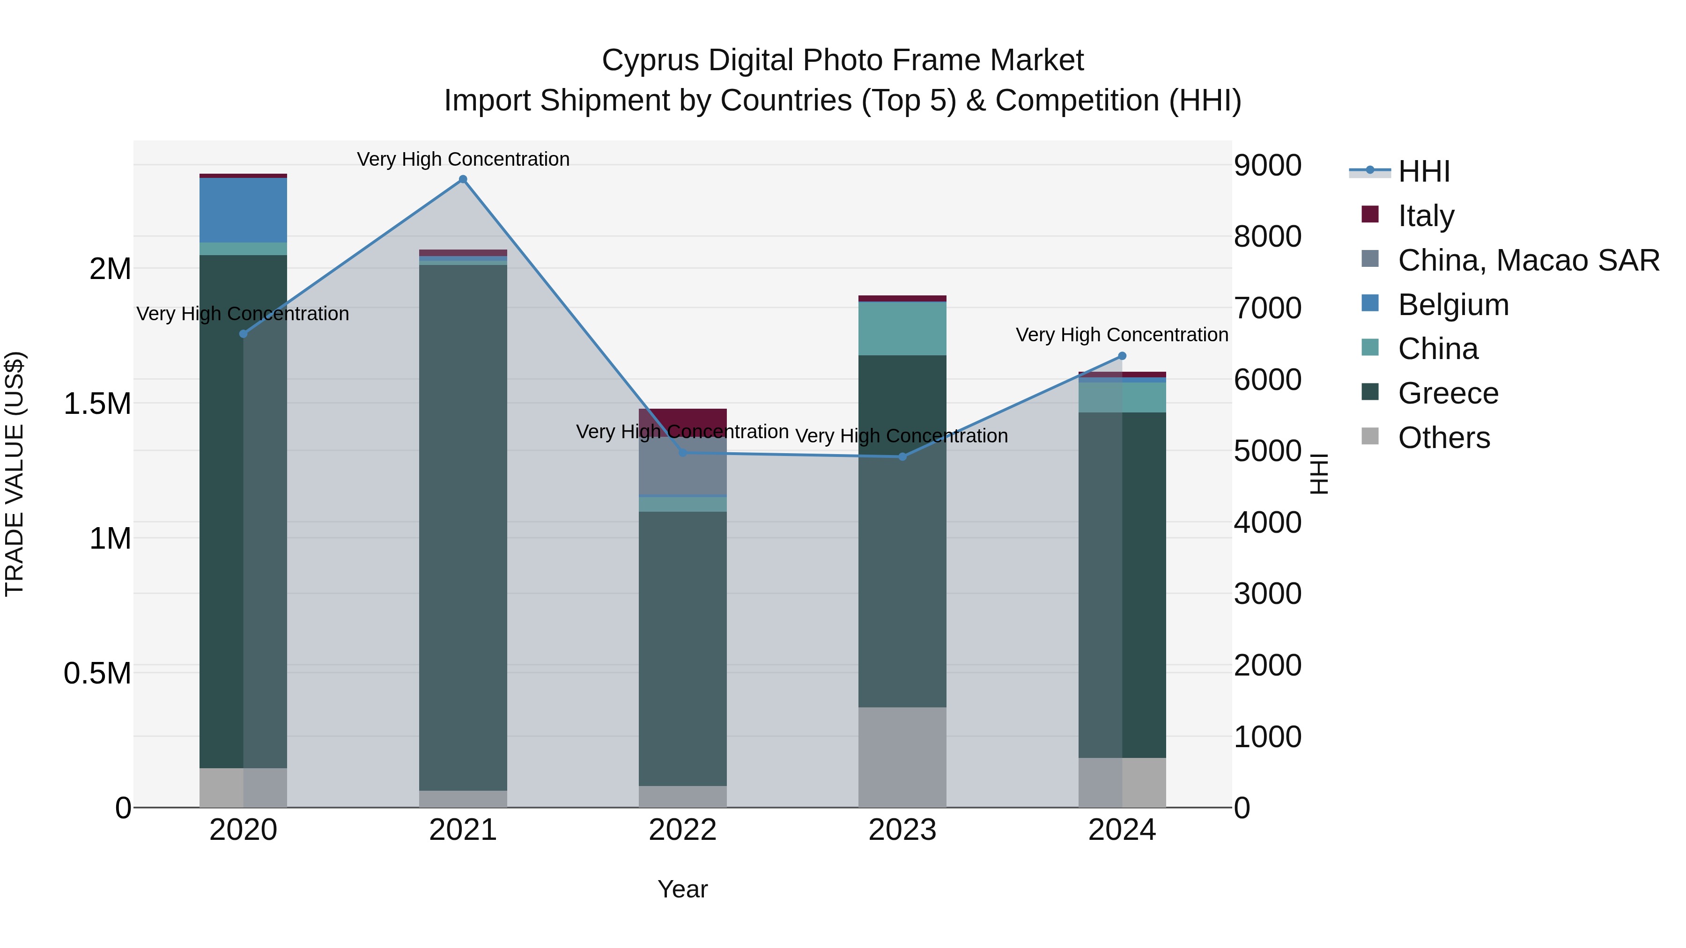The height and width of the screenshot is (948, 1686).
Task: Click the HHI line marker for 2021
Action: point(463,179)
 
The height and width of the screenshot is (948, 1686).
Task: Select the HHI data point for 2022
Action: point(683,453)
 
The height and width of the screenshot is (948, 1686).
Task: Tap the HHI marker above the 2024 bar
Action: point(1122,356)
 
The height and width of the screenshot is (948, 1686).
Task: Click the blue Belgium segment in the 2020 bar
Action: point(243,210)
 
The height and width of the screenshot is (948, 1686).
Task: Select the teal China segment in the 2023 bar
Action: point(902,329)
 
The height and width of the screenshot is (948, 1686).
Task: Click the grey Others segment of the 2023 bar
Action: point(902,757)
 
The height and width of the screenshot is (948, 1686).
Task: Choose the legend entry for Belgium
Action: point(1453,305)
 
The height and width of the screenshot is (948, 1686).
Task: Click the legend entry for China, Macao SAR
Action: point(1528,260)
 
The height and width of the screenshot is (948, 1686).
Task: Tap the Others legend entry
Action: point(1443,438)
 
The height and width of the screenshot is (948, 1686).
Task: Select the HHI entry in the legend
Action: point(1424,171)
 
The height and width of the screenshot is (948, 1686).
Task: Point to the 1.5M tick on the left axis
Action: point(98,404)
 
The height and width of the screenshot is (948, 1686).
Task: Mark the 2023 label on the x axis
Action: point(902,830)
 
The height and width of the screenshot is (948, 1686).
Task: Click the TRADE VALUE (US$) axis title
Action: point(15,474)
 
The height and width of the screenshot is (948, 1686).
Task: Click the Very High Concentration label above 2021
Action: point(463,159)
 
